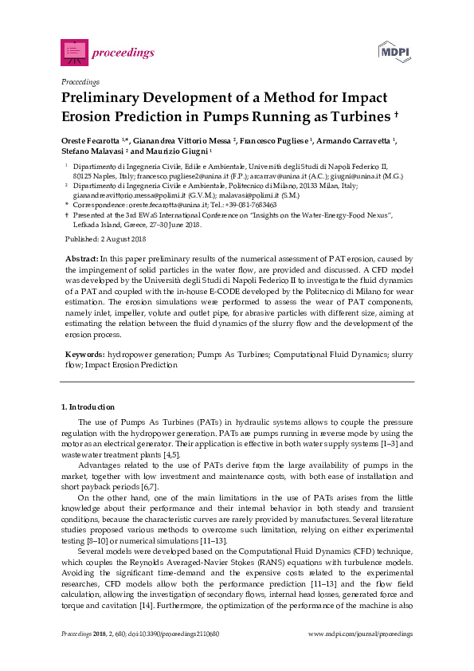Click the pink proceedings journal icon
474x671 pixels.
click(x=74, y=53)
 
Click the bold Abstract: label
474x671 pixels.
click(x=80, y=259)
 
